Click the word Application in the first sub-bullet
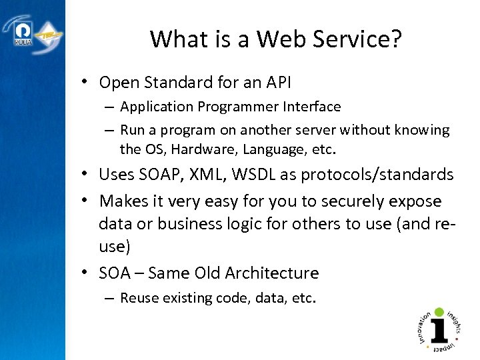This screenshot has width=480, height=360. pyautogui.click(x=154, y=107)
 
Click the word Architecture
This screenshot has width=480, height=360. pyautogui.click(x=272, y=273)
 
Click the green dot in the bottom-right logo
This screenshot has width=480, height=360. pyautogui.click(x=439, y=313)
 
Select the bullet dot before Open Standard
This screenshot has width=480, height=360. pyautogui.click(x=87, y=83)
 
